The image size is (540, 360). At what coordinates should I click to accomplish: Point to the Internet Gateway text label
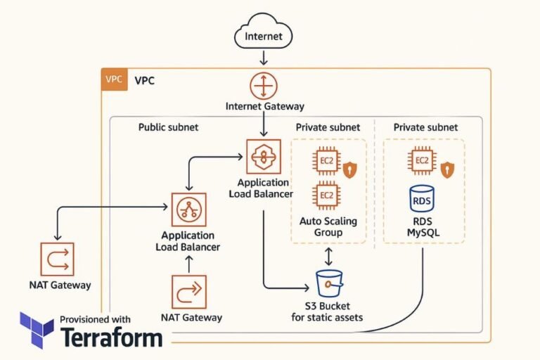pyautogui.click(x=264, y=106)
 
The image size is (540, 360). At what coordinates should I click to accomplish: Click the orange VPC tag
pyautogui.click(x=113, y=79)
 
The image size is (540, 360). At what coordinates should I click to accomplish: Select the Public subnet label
pyautogui.click(x=168, y=127)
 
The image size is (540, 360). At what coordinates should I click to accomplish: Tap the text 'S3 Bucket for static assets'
pyautogui.click(x=327, y=311)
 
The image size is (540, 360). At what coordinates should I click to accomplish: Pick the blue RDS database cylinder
pyautogui.click(x=422, y=199)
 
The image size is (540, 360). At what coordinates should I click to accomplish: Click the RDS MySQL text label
pyautogui.click(x=422, y=226)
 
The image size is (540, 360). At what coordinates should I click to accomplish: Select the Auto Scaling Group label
pyautogui.click(x=328, y=226)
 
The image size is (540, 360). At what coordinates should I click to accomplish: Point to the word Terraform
pyautogui.click(x=112, y=337)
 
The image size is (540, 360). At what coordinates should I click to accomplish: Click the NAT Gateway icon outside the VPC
pyautogui.click(x=57, y=259)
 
